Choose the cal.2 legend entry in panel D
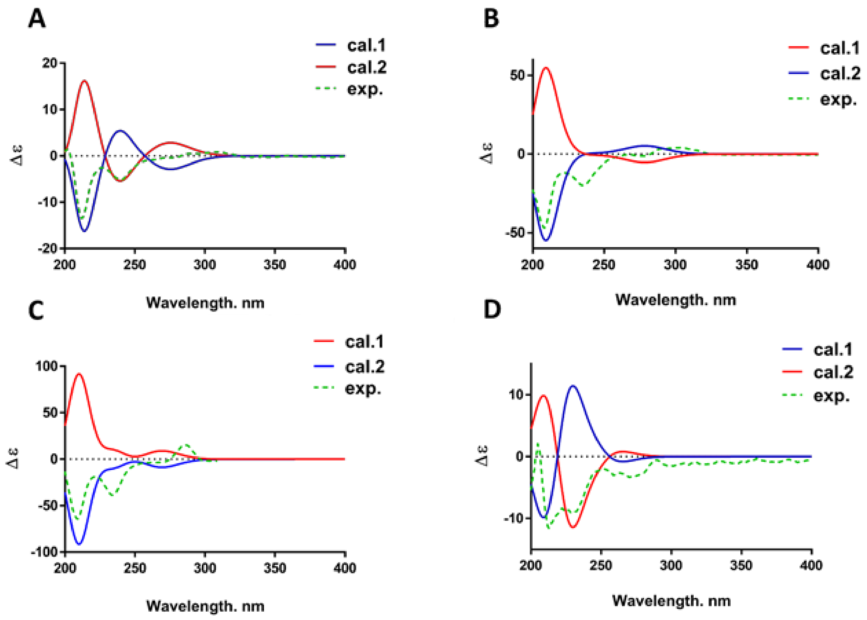[833, 372]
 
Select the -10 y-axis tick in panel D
[514, 518]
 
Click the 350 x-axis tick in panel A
[275, 264]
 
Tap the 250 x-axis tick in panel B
[604, 264]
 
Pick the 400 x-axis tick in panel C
[345, 568]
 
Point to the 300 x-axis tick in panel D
[671, 565]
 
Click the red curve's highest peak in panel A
[84, 80]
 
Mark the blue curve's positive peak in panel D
[572, 386]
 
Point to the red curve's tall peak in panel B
[546, 68]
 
